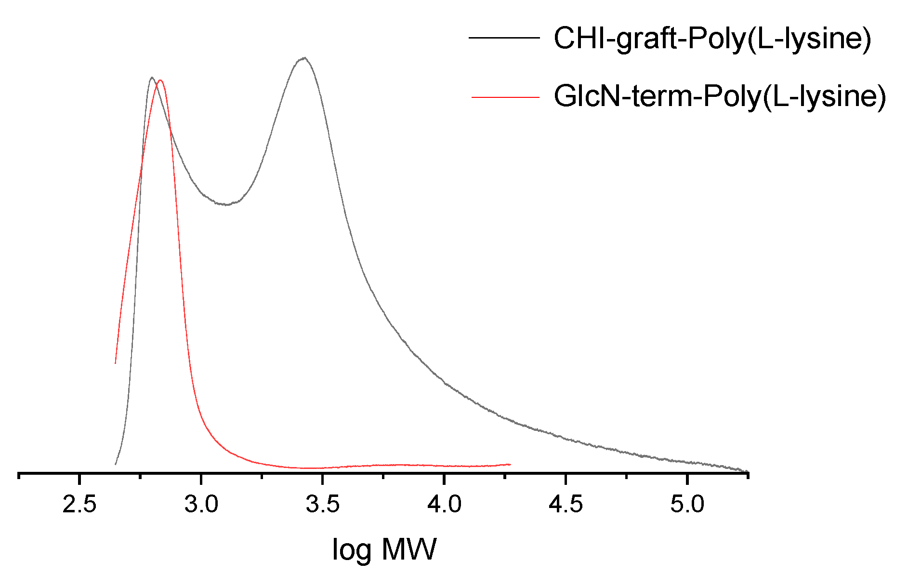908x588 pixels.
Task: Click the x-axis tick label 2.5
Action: pyautogui.click(x=79, y=505)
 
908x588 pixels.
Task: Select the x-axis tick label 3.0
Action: pyautogui.click(x=201, y=505)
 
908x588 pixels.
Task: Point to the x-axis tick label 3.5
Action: pyautogui.click(x=323, y=505)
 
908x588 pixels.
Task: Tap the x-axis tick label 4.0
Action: pyautogui.click(x=445, y=505)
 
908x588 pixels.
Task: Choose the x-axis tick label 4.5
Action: pyautogui.click(x=566, y=505)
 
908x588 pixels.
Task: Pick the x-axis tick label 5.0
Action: pyautogui.click(x=687, y=505)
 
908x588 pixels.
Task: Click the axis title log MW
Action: pyautogui.click(x=384, y=549)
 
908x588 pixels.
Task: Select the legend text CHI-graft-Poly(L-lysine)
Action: pyautogui.click(x=712, y=38)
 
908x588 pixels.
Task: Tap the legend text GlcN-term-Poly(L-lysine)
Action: pyautogui.click(x=720, y=96)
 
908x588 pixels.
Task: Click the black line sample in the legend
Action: pyautogui.click(x=504, y=38)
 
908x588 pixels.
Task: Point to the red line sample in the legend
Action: pyautogui.click(x=505, y=97)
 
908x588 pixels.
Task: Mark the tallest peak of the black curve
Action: pyautogui.click(x=303, y=58)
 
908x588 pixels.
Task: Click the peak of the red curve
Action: pyautogui.click(x=160, y=80)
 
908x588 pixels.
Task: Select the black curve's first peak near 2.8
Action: pyautogui.click(x=152, y=77)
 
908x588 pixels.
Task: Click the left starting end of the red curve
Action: pyautogui.click(x=116, y=362)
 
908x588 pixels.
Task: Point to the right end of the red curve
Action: pyautogui.click(x=510, y=464)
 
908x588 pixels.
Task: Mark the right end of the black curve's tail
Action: pyautogui.click(x=747, y=472)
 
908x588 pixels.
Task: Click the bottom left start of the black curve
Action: pyautogui.click(x=116, y=464)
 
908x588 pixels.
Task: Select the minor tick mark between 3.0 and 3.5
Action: pyautogui.click(x=262, y=477)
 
